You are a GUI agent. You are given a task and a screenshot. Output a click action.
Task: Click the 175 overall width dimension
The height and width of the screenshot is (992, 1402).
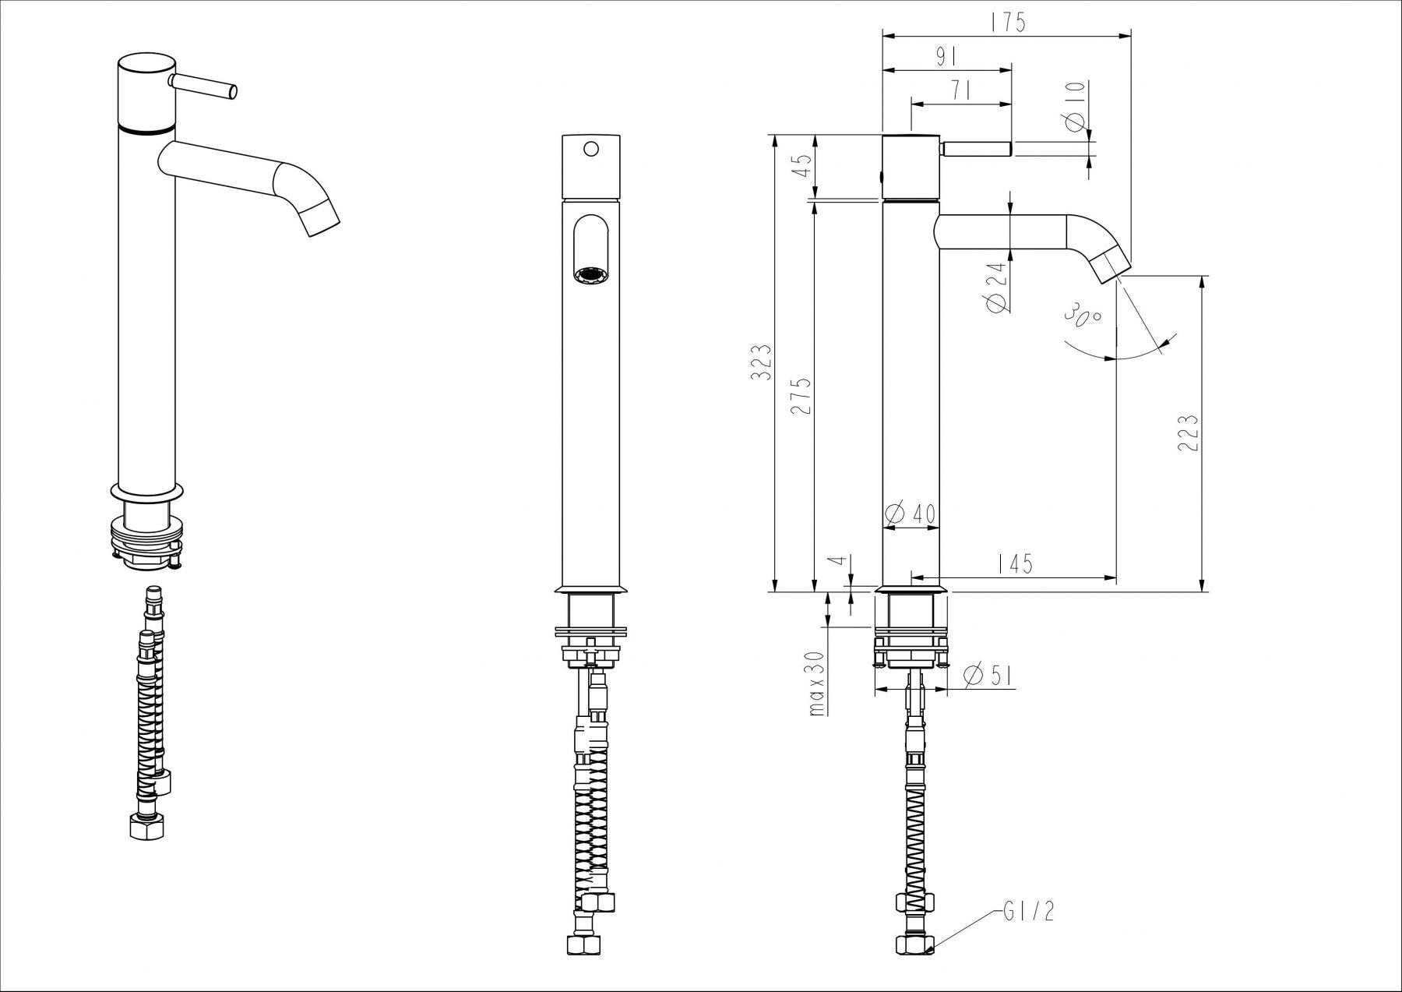(x=1008, y=23)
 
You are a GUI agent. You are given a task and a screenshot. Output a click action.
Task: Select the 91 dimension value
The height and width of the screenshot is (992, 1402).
(x=945, y=57)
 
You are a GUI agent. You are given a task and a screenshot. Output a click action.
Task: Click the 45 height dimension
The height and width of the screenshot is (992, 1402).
(x=802, y=166)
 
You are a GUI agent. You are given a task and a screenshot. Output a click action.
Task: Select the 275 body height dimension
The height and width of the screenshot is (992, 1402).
(x=802, y=396)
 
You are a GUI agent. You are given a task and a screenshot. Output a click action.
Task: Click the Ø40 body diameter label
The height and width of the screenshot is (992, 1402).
(x=911, y=514)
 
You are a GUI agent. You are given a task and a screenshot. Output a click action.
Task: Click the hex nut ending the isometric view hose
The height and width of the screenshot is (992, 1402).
(x=146, y=827)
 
